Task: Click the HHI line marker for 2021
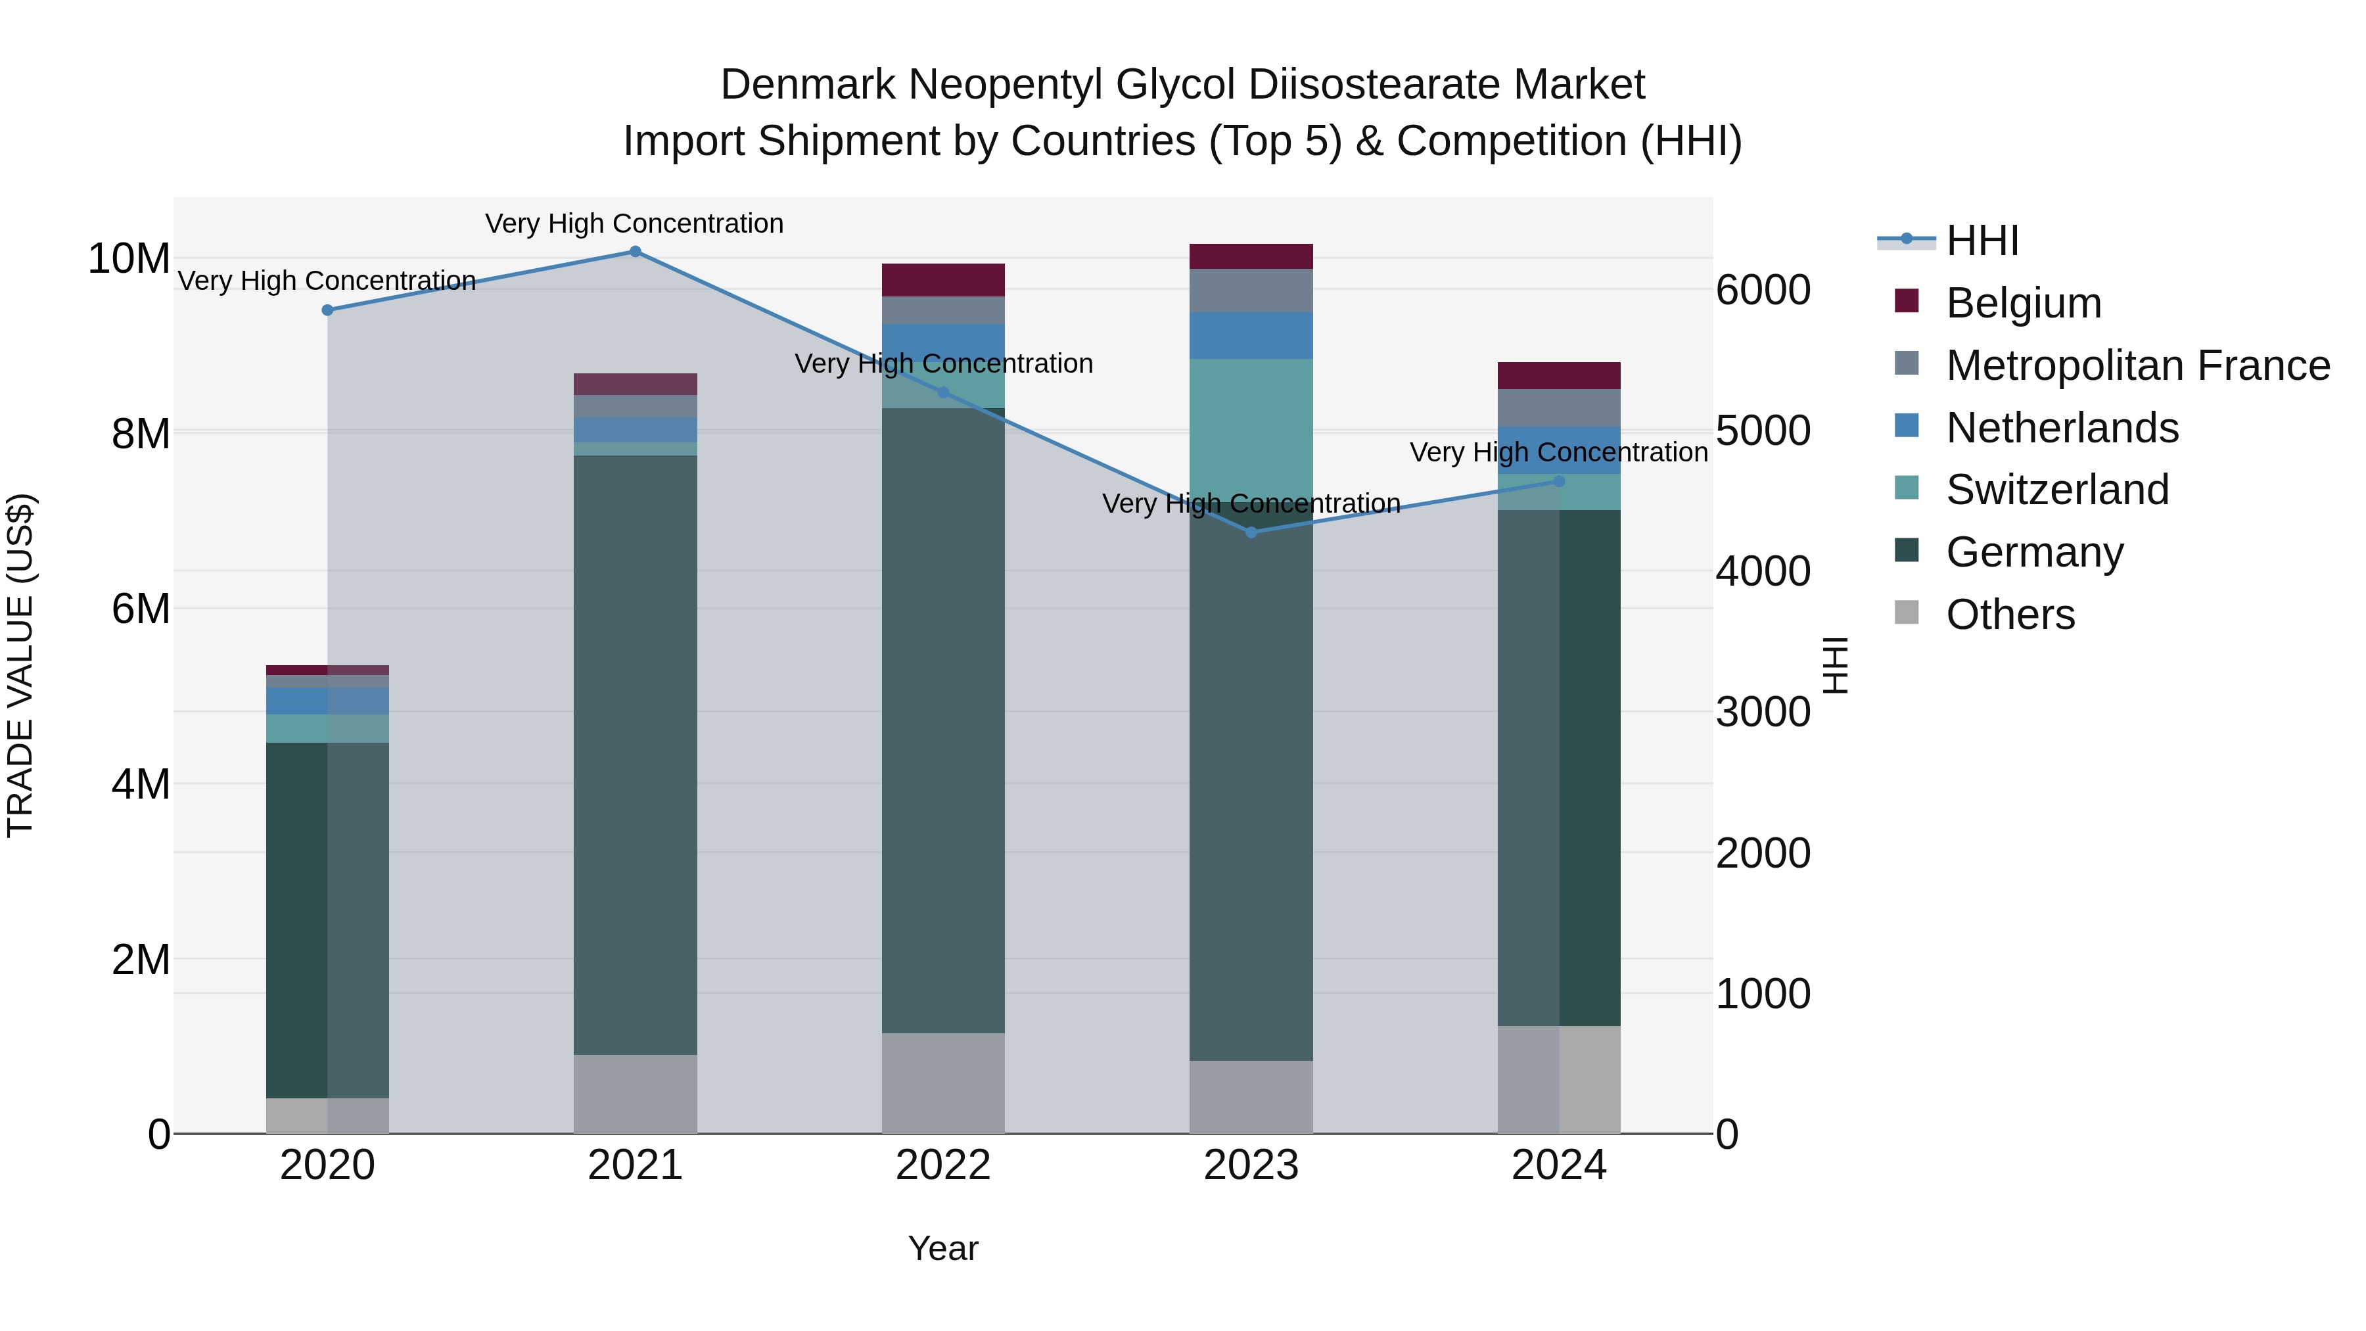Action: pyautogui.click(x=635, y=252)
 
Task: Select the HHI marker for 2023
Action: pyautogui.click(x=1251, y=533)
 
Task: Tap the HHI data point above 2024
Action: pyautogui.click(x=1559, y=481)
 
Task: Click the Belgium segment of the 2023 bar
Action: pyautogui.click(x=1251, y=256)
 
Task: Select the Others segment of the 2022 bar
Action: pyautogui.click(x=943, y=1083)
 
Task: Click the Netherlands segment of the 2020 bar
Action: pyautogui.click(x=327, y=701)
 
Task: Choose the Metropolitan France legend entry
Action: pyautogui.click(x=2137, y=365)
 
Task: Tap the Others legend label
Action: pyautogui.click(x=2010, y=615)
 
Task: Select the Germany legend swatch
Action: pyautogui.click(x=1907, y=551)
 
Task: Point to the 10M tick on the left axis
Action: pyautogui.click(x=129, y=259)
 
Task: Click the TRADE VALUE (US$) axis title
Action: pyautogui.click(x=20, y=665)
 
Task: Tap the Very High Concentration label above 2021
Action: pyautogui.click(x=635, y=223)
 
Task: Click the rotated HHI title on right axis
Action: pyautogui.click(x=1835, y=665)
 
